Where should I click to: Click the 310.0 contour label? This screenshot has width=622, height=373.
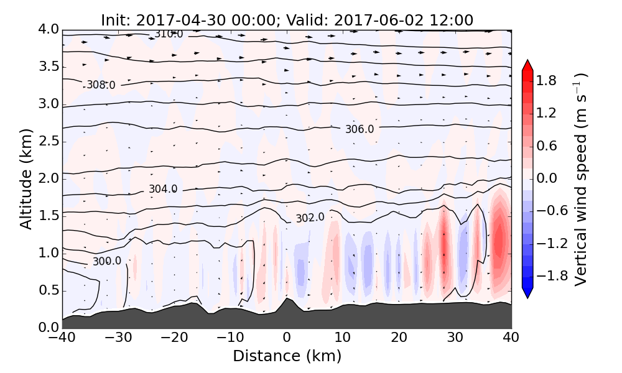(169, 34)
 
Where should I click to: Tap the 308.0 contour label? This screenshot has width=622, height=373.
(101, 85)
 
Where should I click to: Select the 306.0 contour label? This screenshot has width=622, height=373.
(360, 129)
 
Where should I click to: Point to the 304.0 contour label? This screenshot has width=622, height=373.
(163, 189)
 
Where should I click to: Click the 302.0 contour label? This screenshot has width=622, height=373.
(310, 218)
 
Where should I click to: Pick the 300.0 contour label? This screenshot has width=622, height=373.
(107, 261)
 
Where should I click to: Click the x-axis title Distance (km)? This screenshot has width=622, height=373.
(287, 356)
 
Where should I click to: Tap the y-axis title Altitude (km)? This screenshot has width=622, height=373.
(26, 178)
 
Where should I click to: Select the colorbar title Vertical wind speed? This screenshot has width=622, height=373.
(580, 179)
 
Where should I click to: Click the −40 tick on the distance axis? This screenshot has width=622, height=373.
(62, 338)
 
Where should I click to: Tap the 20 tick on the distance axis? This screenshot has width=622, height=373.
(399, 338)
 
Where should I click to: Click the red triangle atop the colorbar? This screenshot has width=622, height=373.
(527, 65)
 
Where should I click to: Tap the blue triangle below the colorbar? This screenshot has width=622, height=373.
(527, 292)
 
